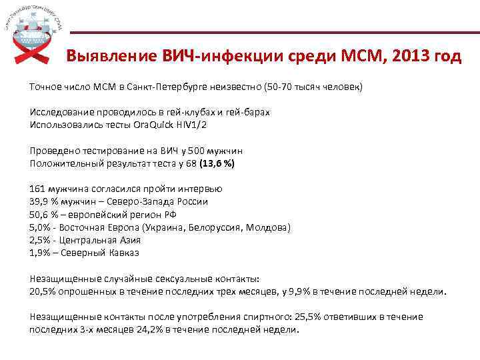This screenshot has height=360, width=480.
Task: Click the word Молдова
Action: tap(266, 227)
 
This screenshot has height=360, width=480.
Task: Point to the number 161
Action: tap(38, 189)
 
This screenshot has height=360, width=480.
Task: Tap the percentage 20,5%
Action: tap(43, 291)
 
